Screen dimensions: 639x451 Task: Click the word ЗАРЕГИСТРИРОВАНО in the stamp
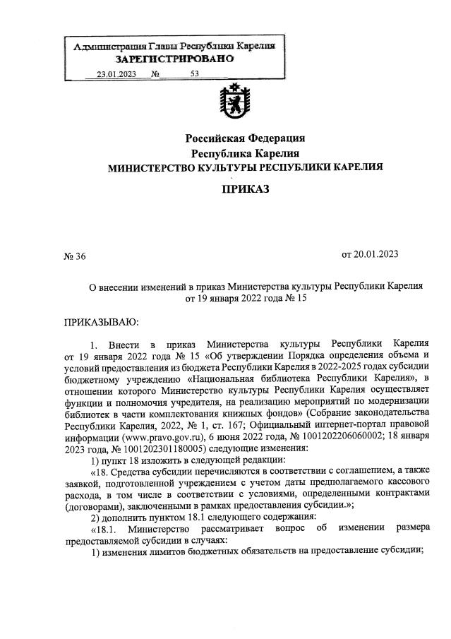coord(174,59)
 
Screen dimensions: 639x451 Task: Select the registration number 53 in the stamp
coord(195,73)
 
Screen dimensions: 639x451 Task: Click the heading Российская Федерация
coord(245,138)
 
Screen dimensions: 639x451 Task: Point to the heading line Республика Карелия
coord(245,153)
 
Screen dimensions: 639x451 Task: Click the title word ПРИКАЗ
coord(245,189)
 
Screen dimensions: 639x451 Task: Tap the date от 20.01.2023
coord(373,253)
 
